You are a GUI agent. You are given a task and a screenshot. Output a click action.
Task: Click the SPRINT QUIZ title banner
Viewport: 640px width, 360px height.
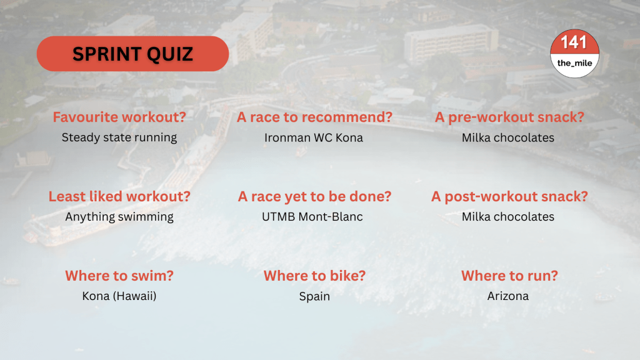(132, 54)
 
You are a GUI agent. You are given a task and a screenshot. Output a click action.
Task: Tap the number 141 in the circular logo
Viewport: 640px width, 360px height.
(574, 42)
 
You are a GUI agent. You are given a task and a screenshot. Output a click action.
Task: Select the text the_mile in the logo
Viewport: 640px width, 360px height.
(574, 63)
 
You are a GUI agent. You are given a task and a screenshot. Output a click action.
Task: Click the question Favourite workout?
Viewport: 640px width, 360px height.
(119, 117)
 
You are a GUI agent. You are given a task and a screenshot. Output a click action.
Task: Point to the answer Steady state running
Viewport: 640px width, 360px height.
(119, 137)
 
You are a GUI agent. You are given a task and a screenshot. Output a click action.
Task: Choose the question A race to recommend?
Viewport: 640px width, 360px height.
(314, 117)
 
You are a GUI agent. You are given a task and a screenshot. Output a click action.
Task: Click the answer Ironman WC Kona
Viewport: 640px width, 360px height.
(314, 137)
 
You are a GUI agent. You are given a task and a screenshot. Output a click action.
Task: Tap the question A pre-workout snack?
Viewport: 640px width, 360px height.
(509, 117)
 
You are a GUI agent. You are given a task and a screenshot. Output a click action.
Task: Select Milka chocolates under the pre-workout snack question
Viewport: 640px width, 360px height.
(507, 137)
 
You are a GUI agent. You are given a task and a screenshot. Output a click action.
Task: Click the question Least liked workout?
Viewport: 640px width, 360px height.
(119, 196)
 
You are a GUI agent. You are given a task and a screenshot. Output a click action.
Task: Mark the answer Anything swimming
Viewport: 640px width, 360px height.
(119, 217)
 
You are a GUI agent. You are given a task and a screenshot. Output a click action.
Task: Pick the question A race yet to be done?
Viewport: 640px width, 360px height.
(314, 196)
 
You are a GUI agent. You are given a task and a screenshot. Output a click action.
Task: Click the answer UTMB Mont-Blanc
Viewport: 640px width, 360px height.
(312, 217)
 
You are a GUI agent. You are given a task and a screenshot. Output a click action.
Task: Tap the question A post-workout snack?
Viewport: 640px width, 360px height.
(509, 196)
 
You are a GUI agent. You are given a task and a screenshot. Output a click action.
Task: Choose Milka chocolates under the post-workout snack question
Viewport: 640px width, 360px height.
(507, 217)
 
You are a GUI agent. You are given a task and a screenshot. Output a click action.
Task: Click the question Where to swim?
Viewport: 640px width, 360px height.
(119, 276)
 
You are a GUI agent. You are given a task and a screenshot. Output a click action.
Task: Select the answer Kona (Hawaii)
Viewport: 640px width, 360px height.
(119, 296)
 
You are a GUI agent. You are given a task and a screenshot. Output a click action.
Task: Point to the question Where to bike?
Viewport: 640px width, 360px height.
(314, 276)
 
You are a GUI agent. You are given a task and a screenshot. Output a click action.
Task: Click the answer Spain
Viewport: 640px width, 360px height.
(314, 296)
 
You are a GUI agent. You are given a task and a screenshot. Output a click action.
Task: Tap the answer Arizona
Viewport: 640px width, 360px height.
(507, 296)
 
